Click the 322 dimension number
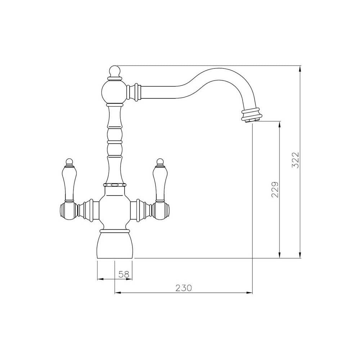tap(296, 160)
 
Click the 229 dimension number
tap(275, 189)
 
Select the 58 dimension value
tap(123, 274)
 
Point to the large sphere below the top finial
tap(114, 91)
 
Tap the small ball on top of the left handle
tap(69, 161)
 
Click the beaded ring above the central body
tap(115, 185)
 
